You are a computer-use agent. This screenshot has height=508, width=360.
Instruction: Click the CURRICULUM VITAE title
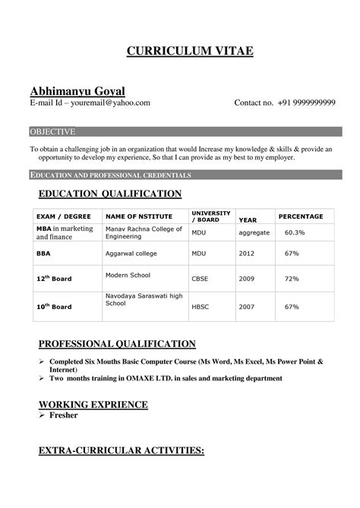[179, 52]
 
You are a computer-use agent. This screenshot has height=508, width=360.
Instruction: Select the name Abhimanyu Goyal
[79, 90]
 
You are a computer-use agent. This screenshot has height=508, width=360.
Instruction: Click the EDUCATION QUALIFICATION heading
[110, 194]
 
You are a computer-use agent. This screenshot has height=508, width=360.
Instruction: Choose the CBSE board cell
[200, 279]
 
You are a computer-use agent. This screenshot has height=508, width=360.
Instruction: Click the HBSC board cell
[200, 307]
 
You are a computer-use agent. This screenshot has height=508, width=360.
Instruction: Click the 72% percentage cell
[292, 279]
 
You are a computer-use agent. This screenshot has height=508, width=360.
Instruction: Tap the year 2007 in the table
[247, 307]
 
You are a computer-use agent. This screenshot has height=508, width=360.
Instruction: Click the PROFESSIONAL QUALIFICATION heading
[118, 344]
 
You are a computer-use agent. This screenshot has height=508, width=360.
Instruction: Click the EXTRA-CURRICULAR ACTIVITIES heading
[121, 452]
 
